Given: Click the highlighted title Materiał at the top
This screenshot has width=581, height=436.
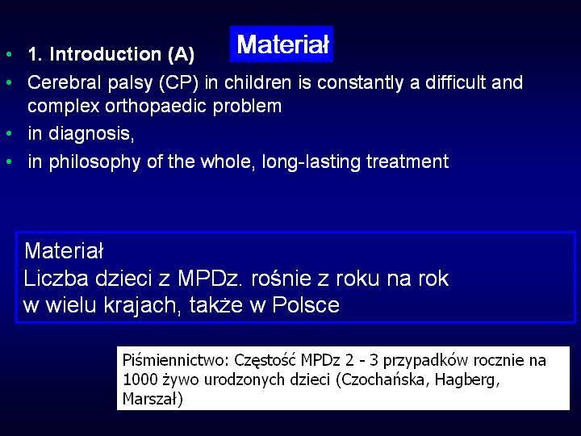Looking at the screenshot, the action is (282, 44).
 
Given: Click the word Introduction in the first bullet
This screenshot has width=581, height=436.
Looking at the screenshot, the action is (105, 54).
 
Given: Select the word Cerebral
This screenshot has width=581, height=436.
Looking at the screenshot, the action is (64, 82).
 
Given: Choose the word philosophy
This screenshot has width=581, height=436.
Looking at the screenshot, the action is (94, 162).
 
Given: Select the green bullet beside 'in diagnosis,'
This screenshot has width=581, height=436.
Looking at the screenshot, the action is (9, 134).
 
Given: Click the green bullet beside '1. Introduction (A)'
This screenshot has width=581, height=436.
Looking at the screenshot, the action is (9, 55).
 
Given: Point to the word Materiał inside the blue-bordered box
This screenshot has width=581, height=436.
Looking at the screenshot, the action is (64, 250).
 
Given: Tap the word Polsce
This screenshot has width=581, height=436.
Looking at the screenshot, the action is (306, 304).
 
